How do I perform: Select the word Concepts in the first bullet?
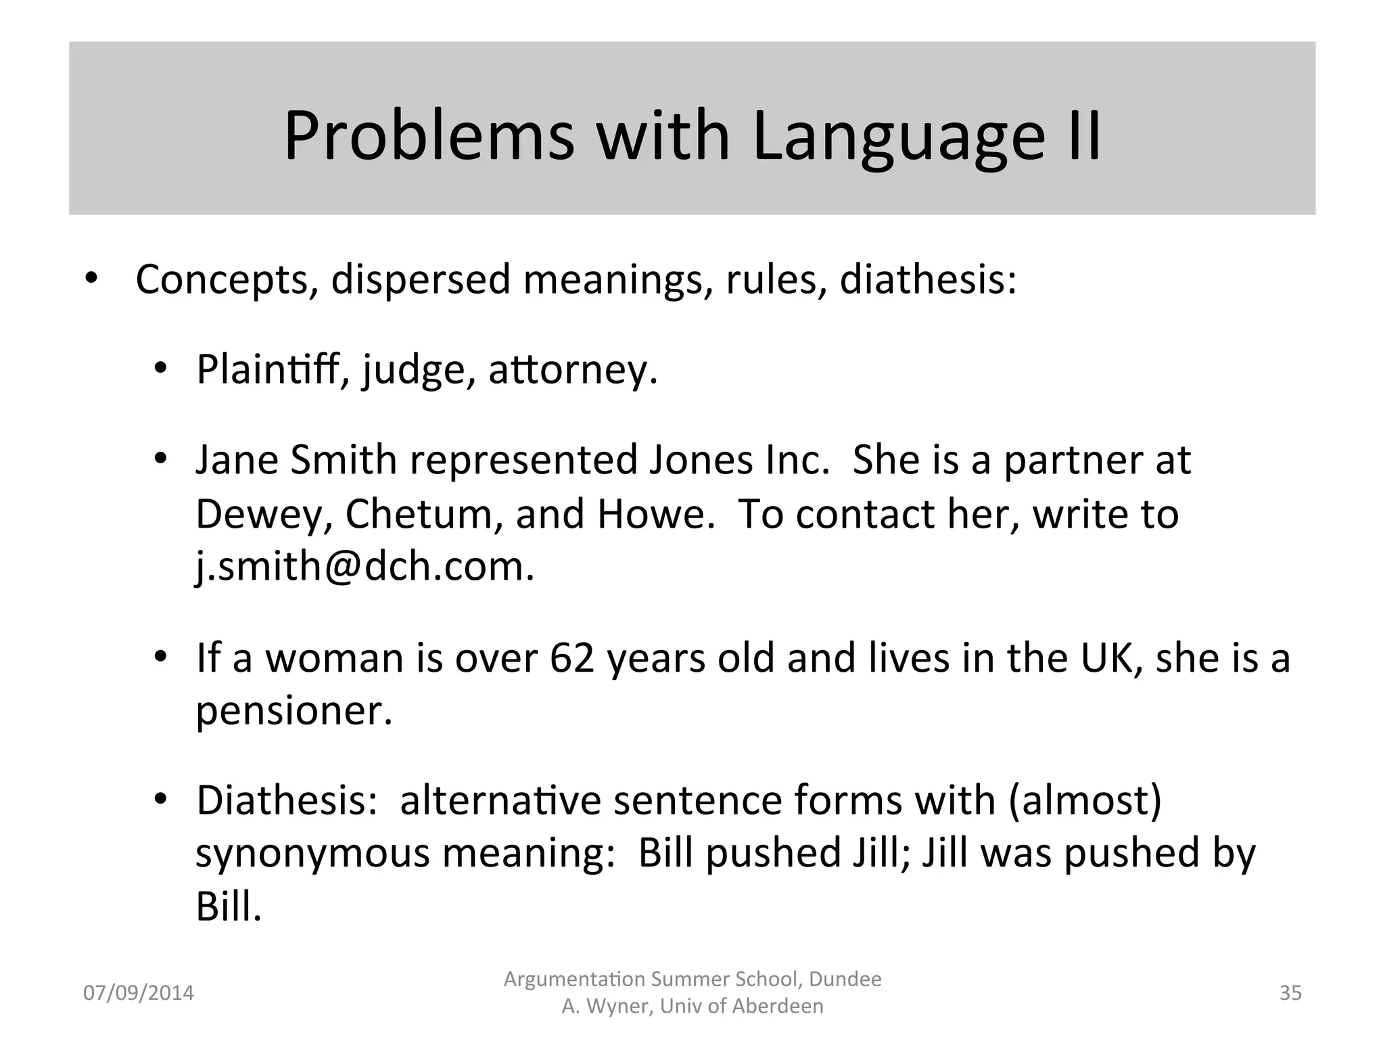tap(222, 279)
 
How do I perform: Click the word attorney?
tap(573, 370)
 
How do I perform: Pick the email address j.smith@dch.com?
tap(365, 565)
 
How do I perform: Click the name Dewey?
tap(263, 514)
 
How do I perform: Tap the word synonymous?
tap(312, 853)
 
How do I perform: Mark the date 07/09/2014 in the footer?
tap(138, 993)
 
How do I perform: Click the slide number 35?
tap(1290, 993)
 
